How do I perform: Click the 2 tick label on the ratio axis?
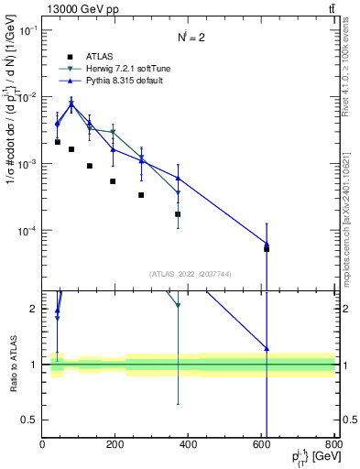(x=33, y=309)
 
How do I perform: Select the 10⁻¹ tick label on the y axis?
(x=27, y=30)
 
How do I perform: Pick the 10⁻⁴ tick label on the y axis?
(x=27, y=231)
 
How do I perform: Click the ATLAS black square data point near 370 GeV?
(x=178, y=214)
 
